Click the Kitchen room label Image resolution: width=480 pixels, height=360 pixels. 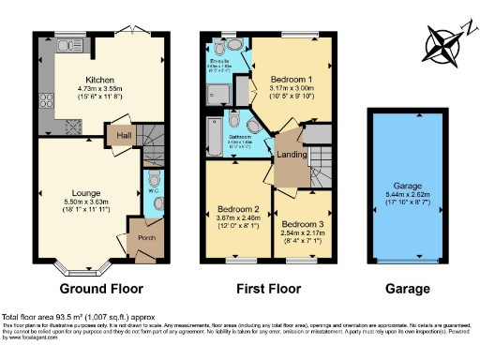(99, 80)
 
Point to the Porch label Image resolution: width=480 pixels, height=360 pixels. (146, 237)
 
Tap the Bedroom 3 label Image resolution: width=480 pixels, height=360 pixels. (303, 226)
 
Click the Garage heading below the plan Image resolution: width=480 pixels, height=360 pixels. (407, 288)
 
